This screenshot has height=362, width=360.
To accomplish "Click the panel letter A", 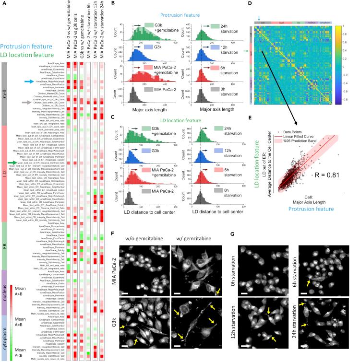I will pyautogui.click(x=3, y=4).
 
